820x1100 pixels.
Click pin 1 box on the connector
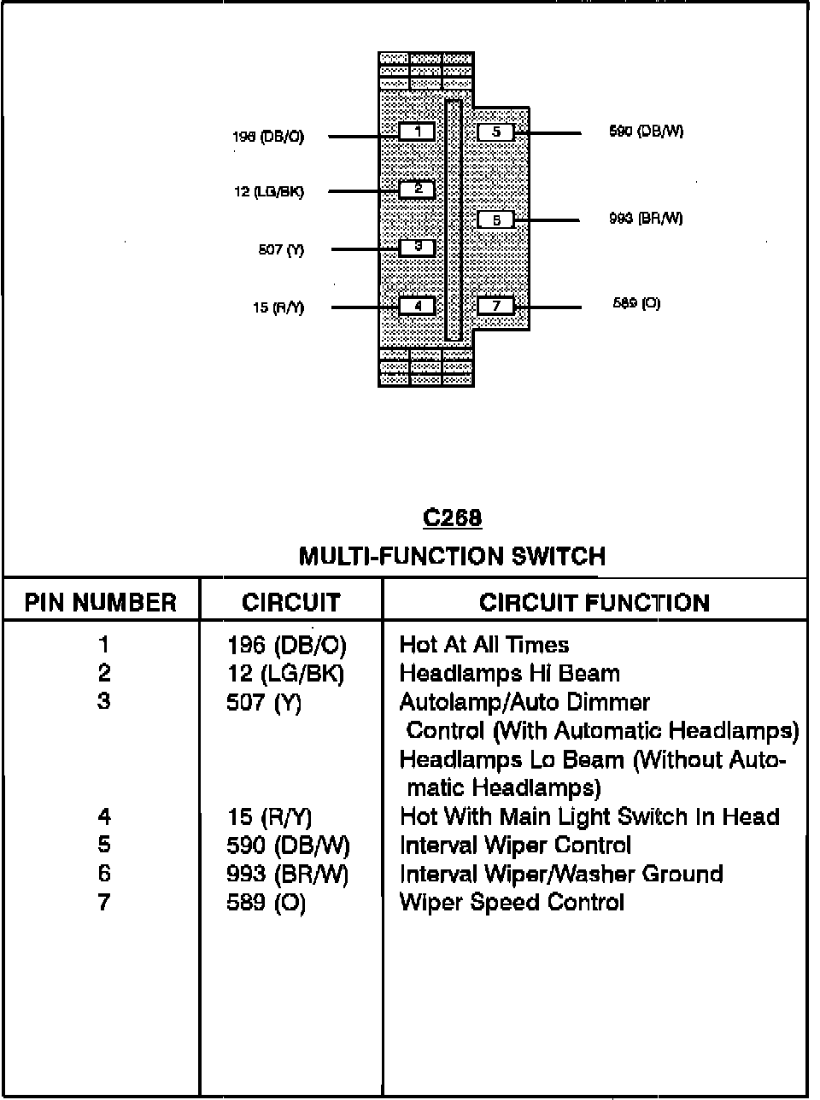coord(418,132)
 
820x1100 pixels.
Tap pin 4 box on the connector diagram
coord(418,306)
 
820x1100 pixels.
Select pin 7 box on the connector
coord(495,306)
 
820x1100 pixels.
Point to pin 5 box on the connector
coord(495,132)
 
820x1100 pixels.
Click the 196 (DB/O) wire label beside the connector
coord(268,137)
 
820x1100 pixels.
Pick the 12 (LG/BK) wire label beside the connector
coord(268,192)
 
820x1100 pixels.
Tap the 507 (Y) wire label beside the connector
coord(281,250)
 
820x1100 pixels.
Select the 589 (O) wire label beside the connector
coord(636,303)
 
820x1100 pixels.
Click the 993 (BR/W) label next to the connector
coord(646,219)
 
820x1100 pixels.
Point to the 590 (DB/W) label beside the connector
coord(646,132)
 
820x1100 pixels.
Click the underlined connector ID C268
coord(452,518)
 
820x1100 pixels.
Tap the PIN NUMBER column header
coord(101,603)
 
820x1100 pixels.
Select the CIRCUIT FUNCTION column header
coord(594,603)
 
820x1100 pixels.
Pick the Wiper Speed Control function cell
coord(512,903)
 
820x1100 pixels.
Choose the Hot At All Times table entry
coord(483,645)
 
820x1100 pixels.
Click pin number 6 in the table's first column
coord(104,874)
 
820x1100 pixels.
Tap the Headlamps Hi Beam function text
coord(509,674)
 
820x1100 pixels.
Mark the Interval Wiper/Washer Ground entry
coord(561,874)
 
